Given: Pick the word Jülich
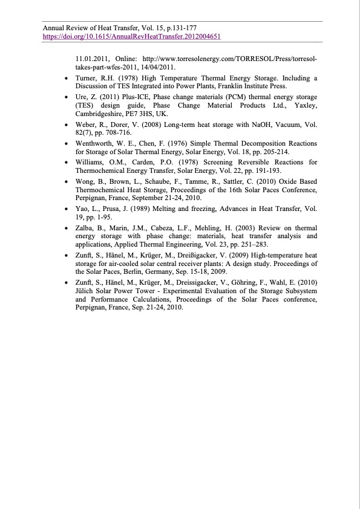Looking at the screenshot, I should point(86,291).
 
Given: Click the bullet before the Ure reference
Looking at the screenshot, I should point(65,97).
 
